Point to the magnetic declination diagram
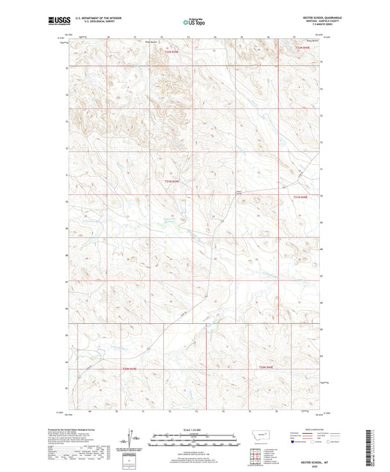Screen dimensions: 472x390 click(132, 441)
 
